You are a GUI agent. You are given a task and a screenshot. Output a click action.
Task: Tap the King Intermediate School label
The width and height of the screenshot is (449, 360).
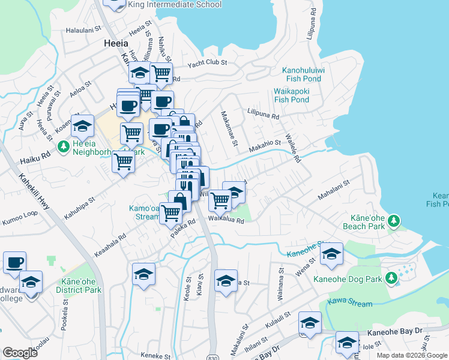[175, 5]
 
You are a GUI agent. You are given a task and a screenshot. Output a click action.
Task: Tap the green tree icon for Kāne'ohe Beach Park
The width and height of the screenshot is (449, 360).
[394, 221]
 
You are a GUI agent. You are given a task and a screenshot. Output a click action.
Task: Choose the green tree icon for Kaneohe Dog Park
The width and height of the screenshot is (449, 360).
[391, 278]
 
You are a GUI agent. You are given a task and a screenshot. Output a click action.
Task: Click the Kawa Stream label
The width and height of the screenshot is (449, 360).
[350, 304]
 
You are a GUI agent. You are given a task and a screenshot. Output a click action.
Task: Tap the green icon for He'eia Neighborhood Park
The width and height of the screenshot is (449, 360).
[62, 146]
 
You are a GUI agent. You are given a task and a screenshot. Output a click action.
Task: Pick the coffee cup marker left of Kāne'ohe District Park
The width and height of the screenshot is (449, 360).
[14, 262]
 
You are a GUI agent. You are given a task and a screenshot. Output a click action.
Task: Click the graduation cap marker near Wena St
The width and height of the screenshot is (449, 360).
[331, 254]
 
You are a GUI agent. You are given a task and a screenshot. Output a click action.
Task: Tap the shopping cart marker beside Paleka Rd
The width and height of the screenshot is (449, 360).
[171, 211]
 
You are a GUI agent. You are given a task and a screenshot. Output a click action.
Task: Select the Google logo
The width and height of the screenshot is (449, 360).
[20, 352]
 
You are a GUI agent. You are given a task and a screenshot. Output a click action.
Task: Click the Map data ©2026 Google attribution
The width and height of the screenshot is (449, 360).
[412, 355]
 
